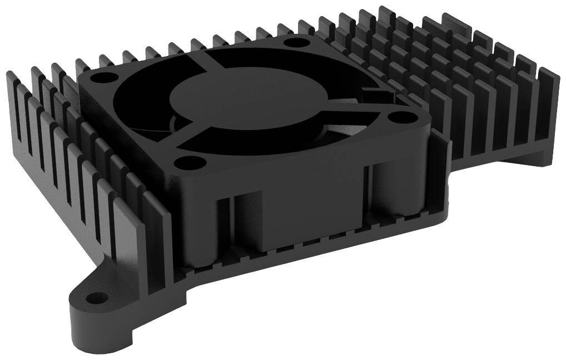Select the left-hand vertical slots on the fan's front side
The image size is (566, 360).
click(x=231, y=222)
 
